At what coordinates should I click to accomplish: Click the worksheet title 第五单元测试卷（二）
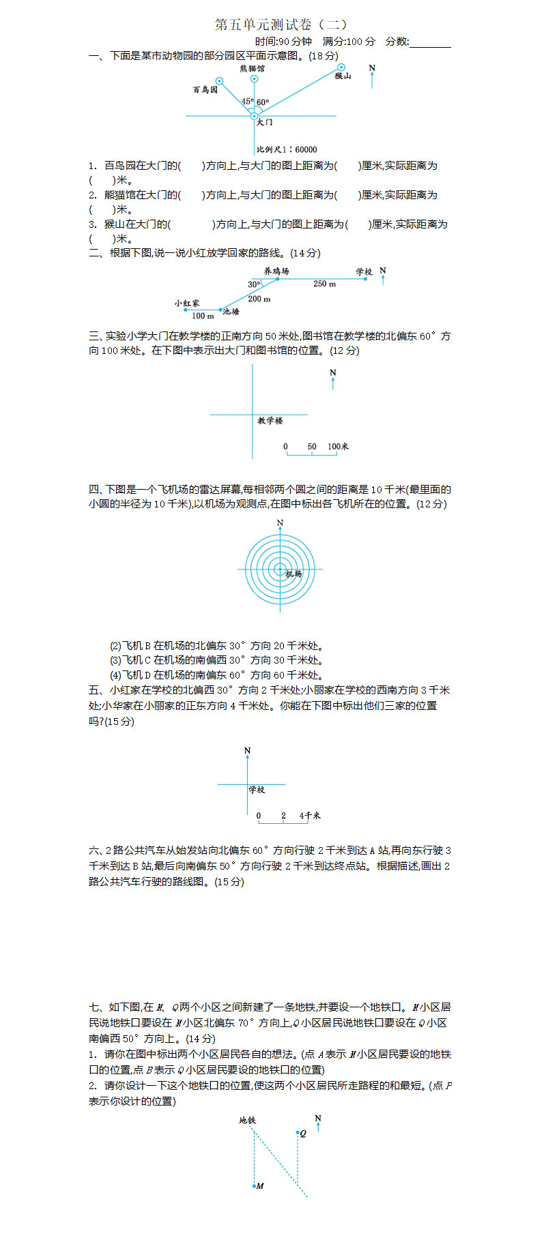tap(282, 25)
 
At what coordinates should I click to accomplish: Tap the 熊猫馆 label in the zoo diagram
tap(253, 69)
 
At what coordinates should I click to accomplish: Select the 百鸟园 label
tap(205, 90)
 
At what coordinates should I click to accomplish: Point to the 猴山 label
tap(343, 76)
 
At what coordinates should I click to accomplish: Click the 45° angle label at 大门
tap(246, 102)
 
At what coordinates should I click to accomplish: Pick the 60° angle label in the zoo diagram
tap(263, 103)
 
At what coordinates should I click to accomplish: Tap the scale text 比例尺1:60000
tap(287, 149)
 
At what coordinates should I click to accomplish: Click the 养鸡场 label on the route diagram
tap(276, 271)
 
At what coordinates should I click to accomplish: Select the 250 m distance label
tap(324, 284)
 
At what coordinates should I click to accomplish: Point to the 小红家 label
tap(187, 303)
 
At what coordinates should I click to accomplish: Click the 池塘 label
tap(231, 311)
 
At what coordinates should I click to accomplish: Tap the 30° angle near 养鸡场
tap(254, 284)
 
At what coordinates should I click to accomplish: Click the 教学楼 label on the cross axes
tap(270, 421)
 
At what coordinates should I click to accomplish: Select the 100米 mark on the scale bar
tap(339, 447)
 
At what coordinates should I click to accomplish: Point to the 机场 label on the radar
tap(293, 574)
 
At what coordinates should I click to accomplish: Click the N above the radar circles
tap(280, 523)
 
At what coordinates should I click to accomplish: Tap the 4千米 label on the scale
tap(310, 816)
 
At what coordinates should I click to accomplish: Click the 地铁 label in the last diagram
tap(247, 1120)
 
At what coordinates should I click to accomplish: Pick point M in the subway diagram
tap(256, 1186)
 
